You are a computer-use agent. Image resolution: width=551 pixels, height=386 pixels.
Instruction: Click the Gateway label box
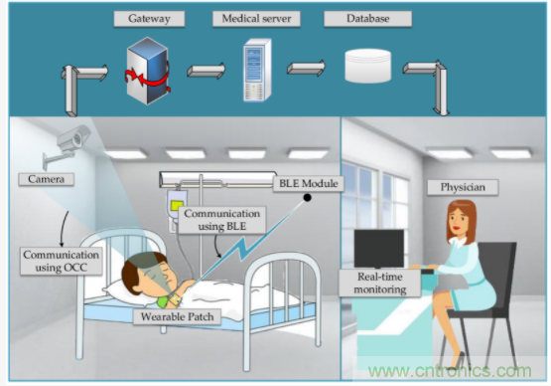(149, 19)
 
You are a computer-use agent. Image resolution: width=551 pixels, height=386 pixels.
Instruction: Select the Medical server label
(256, 19)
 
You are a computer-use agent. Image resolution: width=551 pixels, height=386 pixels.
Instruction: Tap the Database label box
(367, 19)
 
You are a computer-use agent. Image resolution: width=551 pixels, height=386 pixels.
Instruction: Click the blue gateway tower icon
(147, 71)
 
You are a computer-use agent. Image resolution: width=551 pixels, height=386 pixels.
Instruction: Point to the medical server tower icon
(257, 70)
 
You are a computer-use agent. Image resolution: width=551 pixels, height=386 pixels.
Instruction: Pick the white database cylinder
(368, 66)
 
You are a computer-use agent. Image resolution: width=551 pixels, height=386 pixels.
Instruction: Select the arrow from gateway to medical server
(206, 71)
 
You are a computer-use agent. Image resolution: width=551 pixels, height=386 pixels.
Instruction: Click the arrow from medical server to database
(306, 68)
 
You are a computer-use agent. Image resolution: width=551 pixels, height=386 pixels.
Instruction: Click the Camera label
(46, 179)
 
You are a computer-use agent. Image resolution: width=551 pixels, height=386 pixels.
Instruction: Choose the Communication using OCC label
(62, 261)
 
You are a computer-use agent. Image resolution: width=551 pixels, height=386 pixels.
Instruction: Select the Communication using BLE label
(221, 220)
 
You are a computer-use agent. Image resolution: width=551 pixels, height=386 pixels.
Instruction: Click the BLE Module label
(308, 183)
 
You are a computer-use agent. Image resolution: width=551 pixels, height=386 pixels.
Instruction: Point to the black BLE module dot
(307, 198)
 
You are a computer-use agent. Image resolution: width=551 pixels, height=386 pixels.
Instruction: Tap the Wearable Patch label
(177, 316)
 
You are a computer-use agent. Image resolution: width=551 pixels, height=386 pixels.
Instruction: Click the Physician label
(463, 187)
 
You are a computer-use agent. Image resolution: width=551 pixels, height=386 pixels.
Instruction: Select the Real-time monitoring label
(380, 284)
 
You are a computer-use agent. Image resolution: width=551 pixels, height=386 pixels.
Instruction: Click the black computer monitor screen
(379, 249)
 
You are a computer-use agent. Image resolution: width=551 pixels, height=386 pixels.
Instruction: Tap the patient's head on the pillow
(149, 273)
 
